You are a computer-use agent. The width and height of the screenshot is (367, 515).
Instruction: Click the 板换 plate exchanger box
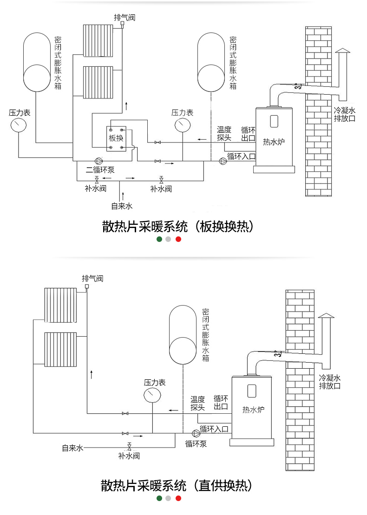click(x=116, y=138)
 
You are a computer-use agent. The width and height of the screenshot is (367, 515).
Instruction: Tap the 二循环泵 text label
click(x=100, y=170)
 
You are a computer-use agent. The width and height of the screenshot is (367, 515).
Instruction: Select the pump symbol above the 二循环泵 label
click(x=98, y=161)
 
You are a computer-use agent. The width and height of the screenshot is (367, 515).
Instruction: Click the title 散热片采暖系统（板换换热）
click(x=178, y=227)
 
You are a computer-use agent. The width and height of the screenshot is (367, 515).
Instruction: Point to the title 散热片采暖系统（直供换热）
click(x=177, y=485)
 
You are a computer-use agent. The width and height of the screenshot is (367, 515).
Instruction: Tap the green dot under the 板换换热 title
click(x=159, y=239)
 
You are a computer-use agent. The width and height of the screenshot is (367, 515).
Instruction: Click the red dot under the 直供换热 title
click(x=178, y=498)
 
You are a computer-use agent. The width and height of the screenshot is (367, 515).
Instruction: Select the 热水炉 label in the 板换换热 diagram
click(x=274, y=142)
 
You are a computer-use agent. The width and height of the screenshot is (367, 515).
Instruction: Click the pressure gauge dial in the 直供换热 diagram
click(x=152, y=395)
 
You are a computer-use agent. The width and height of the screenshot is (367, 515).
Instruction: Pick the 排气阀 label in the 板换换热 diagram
click(x=125, y=17)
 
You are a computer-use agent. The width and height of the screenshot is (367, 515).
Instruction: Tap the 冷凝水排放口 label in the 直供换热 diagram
click(x=330, y=382)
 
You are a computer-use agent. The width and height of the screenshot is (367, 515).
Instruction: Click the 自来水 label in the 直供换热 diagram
click(x=72, y=448)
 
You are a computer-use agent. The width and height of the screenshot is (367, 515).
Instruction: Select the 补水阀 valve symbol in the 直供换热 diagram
click(x=130, y=446)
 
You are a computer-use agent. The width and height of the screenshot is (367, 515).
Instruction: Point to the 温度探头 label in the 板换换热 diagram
click(x=224, y=134)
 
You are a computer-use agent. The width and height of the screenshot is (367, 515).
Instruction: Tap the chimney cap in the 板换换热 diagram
click(x=343, y=51)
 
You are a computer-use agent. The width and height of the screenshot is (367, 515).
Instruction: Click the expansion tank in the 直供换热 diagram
click(x=183, y=335)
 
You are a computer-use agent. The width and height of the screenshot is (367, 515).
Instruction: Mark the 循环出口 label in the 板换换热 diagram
click(x=248, y=134)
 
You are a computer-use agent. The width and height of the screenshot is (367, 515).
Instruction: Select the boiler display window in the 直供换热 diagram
click(x=252, y=390)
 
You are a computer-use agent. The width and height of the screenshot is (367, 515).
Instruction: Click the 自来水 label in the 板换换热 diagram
click(x=122, y=206)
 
